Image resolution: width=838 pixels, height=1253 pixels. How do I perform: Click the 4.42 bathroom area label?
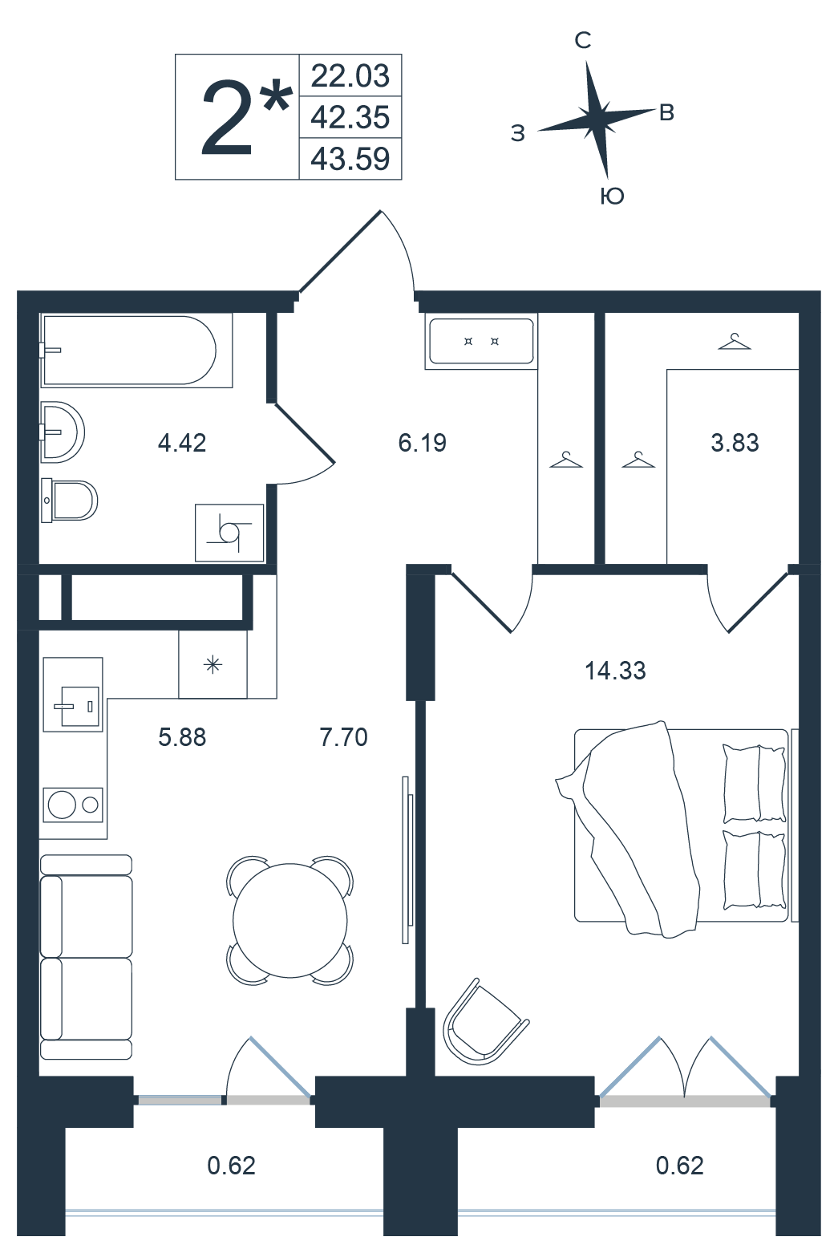[x=182, y=443]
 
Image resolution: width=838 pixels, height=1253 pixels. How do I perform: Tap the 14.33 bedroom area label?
[x=615, y=670]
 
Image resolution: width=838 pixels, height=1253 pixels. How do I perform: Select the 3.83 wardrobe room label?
[x=735, y=443]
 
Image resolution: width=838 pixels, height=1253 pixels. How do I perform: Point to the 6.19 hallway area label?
[x=422, y=443]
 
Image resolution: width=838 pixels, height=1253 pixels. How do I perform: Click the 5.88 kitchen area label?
[x=182, y=737]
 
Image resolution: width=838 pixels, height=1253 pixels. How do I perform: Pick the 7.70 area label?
[x=343, y=737]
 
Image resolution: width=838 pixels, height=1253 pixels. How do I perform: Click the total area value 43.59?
[x=350, y=159]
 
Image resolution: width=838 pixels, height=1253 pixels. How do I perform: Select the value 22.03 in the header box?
[x=350, y=76]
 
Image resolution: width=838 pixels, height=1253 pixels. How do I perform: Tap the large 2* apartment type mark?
[x=246, y=117]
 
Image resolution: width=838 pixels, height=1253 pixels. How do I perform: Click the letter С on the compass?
[x=583, y=40]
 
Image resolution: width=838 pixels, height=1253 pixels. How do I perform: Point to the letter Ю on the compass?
[x=612, y=197]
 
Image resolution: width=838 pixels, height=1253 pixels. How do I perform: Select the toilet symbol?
[x=69, y=500]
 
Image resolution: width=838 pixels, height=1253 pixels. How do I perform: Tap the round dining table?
[x=290, y=920]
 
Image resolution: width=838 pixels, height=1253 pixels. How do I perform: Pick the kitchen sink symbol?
[x=73, y=694]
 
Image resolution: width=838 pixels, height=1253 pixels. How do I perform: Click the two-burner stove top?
[x=73, y=805]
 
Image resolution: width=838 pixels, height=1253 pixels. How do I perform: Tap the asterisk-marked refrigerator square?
[x=213, y=664]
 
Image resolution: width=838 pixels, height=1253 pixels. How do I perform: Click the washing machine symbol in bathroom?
[x=229, y=533]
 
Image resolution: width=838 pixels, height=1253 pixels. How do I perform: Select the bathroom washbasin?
[x=62, y=432]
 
